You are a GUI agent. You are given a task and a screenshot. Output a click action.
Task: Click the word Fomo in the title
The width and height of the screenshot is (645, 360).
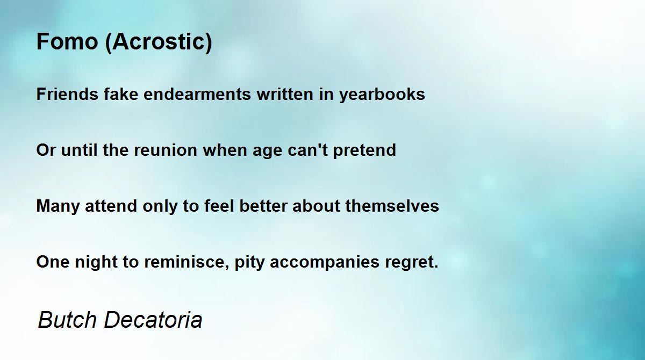pyautogui.click(x=67, y=41)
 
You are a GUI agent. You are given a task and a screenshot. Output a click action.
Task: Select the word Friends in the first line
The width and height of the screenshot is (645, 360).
pyautogui.click(x=67, y=94)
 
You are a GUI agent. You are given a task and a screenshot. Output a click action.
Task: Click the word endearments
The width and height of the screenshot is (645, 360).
pyautogui.click(x=197, y=94)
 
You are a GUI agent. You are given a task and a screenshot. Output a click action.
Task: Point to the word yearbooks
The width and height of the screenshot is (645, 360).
pyautogui.click(x=382, y=95)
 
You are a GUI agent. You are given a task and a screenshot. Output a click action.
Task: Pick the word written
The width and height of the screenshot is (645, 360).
pyautogui.click(x=285, y=94)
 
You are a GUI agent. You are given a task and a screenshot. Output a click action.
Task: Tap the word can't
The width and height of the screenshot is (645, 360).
pyautogui.click(x=307, y=150)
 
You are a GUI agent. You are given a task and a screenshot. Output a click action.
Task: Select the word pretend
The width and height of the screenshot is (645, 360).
pyautogui.click(x=364, y=151)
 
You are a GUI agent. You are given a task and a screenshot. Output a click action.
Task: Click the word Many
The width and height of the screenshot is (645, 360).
pyautogui.click(x=58, y=207)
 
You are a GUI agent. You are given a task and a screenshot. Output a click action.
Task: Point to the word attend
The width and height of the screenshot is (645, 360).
pyautogui.click(x=111, y=206)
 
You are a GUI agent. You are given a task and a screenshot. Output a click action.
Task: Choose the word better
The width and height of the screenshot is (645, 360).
pyautogui.click(x=263, y=206)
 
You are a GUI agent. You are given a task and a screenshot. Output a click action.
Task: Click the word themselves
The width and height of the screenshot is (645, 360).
pyautogui.click(x=392, y=206)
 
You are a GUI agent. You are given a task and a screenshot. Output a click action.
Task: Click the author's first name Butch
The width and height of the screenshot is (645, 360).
pyautogui.click(x=67, y=320)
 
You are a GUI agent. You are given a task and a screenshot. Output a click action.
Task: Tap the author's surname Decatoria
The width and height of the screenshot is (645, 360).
pyautogui.click(x=153, y=320)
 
